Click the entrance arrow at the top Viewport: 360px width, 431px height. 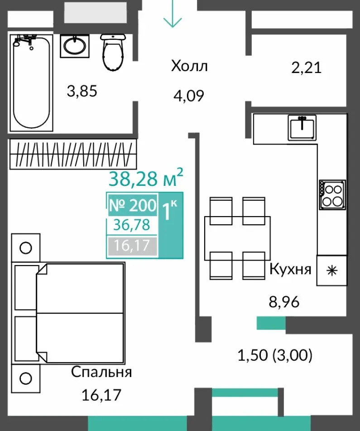point(173,14)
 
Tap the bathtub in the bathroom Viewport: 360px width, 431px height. point(31,82)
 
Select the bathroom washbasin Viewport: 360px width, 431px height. point(75,46)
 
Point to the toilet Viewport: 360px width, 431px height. point(113,52)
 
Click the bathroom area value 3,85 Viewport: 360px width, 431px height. point(82,91)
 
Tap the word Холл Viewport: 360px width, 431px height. point(189,66)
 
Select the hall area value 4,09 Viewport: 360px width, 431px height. point(189,96)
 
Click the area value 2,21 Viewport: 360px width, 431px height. point(307,68)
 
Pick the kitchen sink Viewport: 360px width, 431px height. point(302,127)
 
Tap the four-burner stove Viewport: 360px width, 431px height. point(332,195)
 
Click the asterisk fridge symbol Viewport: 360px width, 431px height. point(332,271)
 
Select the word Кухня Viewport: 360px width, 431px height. point(291,269)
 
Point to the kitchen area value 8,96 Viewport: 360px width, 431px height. point(284,302)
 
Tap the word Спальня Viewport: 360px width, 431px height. point(101,373)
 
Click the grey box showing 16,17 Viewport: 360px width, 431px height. point(132,246)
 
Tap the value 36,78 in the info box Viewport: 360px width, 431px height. point(132,225)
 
